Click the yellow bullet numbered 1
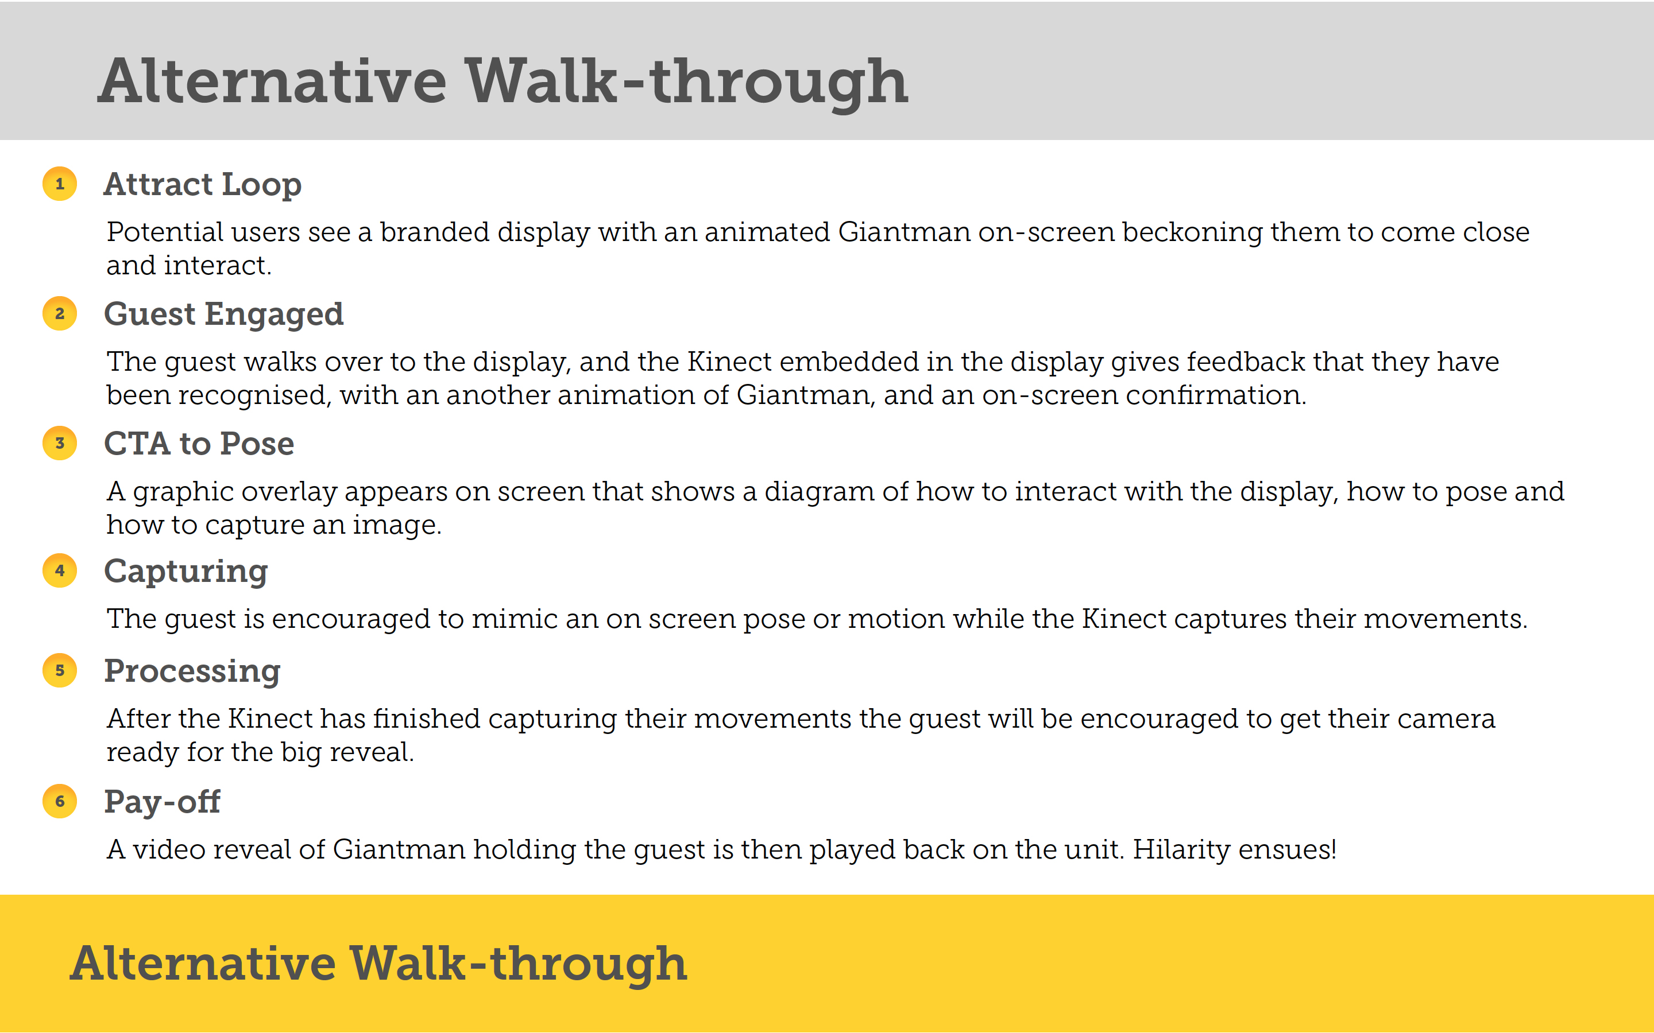60,184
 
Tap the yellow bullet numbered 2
60,313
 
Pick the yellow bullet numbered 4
60,570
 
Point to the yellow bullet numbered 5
60,670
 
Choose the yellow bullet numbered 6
60,801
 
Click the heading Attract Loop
202,184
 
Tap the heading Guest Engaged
223,315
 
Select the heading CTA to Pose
199,444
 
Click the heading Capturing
186,572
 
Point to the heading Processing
192,671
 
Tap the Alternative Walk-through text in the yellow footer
378,964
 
